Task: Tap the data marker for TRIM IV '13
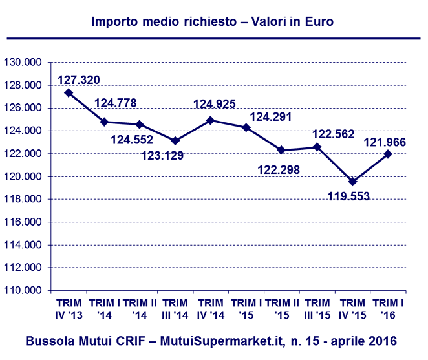[69, 92]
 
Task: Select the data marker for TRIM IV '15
[352, 182]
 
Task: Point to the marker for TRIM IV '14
[211, 120]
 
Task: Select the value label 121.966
[386, 142]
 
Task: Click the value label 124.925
[214, 103]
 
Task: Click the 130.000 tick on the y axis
[23, 63]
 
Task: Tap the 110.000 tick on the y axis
[23, 291]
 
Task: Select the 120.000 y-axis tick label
[23, 176]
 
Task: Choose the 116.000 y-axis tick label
[23, 222]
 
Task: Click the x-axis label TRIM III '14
[175, 309]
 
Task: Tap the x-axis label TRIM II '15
[281, 309]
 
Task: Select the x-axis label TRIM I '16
[387, 309]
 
